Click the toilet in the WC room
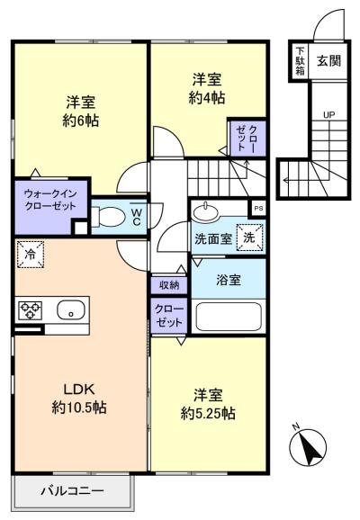click(108, 217)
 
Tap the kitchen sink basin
click(71, 310)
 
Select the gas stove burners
click(31, 310)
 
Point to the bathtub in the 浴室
click(229, 317)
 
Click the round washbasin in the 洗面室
click(206, 211)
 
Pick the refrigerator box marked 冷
click(31, 255)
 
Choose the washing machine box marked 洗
click(249, 238)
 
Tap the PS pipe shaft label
click(258, 208)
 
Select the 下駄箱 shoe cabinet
click(300, 61)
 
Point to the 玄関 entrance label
click(328, 60)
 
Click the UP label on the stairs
click(328, 115)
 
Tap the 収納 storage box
click(169, 285)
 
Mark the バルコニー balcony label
click(72, 490)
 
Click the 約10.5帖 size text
click(79, 408)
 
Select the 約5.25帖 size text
click(208, 413)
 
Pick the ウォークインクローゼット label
click(50, 200)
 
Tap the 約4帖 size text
click(207, 98)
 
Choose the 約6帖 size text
click(81, 121)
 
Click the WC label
click(137, 217)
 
